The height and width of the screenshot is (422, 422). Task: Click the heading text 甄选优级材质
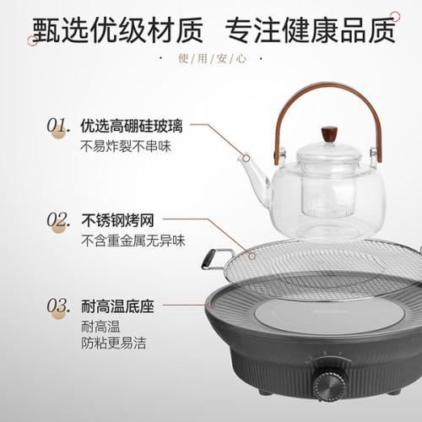point(117,30)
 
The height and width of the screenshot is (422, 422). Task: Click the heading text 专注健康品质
point(311,30)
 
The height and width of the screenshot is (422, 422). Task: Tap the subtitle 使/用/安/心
point(212,59)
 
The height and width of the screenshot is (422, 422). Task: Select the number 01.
point(58,126)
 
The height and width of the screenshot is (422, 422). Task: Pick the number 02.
point(58,219)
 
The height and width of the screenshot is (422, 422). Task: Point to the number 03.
point(58,306)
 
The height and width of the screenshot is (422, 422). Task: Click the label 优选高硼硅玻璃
point(132,126)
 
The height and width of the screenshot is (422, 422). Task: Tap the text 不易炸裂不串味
point(126,146)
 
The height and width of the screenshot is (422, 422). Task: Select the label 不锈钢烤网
point(117,220)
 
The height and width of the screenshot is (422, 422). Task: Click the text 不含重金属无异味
point(133,241)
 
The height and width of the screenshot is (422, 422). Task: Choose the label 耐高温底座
point(117,306)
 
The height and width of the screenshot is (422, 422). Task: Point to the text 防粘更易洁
point(114,344)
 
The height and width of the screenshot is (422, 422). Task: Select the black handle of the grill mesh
point(208,259)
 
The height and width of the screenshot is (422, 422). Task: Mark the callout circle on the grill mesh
point(252,256)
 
